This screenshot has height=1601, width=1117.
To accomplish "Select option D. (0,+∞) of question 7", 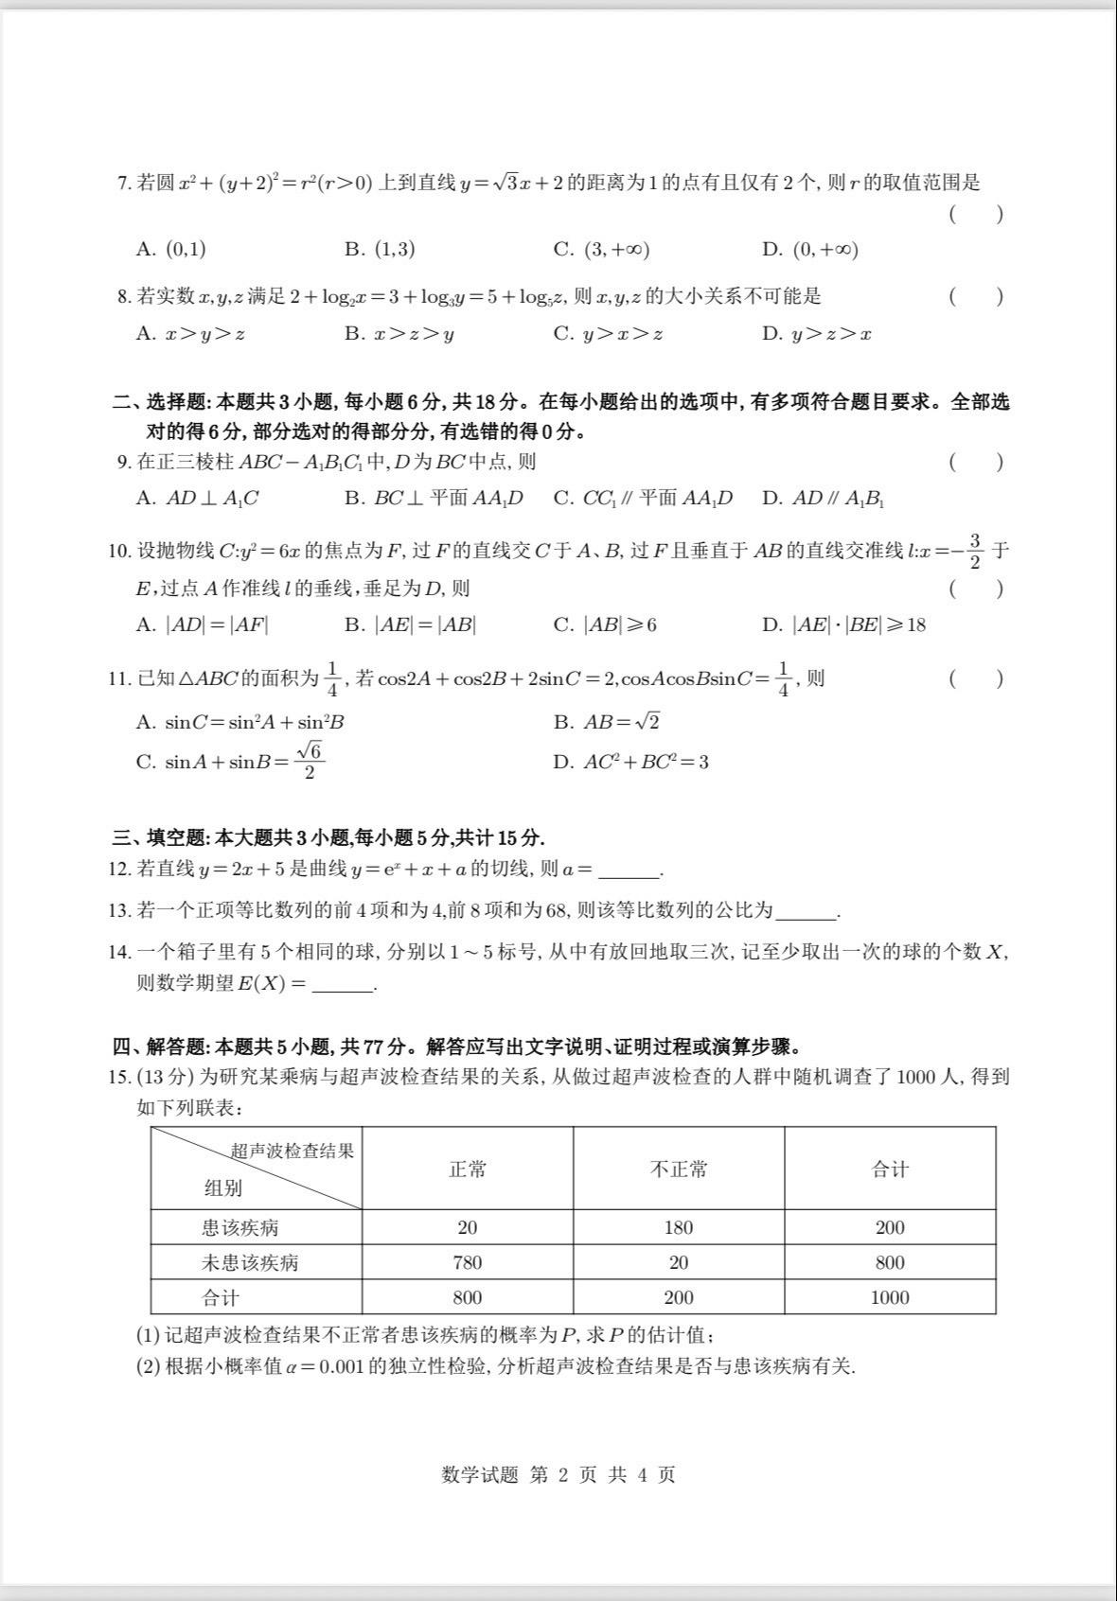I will [810, 250].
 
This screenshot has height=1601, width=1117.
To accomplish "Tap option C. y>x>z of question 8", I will [608, 334].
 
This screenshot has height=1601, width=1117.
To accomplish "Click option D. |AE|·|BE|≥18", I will [843, 625].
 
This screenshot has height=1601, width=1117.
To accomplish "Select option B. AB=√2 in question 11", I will [607, 722].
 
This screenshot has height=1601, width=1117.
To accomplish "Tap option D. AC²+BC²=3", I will [630, 763].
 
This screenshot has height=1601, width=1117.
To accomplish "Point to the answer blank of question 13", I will [807, 912].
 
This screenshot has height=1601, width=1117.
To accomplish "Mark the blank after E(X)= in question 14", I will [343, 985].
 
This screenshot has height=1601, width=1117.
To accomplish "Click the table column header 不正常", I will [679, 1170].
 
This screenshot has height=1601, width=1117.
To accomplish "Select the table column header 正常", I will [468, 1170].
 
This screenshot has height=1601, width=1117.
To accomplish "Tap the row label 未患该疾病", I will [250, 1263].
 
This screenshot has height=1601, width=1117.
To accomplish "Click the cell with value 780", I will [468, 1263].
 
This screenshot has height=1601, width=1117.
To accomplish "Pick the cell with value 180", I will [679, 1228].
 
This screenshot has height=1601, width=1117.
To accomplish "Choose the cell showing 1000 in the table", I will [890, 1298].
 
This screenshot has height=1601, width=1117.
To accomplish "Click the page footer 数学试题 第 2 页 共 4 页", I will [558, 1475].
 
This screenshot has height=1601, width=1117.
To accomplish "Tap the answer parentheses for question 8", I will [975, 297].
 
